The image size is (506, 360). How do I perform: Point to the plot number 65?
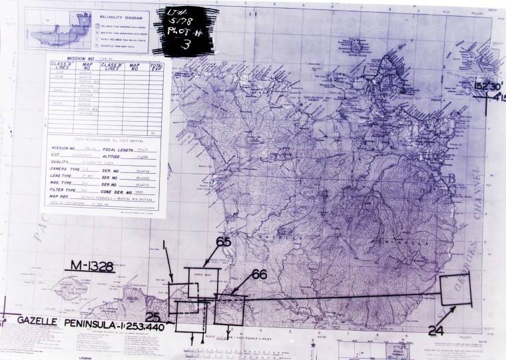(x=224, y=244)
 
